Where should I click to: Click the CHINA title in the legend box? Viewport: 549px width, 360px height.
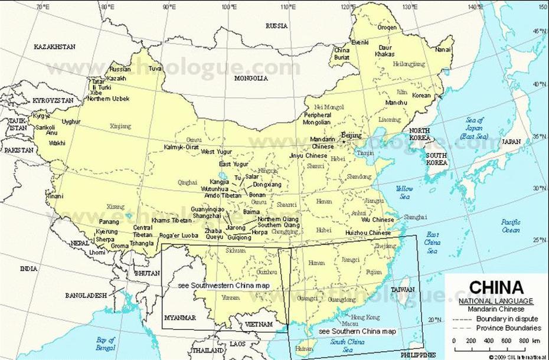496,287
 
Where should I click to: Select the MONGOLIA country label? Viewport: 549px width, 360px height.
251,78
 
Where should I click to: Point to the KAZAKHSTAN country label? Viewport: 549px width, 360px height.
55,46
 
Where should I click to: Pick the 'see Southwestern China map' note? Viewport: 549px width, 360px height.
224,285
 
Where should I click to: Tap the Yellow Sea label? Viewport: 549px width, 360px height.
404,192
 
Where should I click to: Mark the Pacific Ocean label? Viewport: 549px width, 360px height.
511,226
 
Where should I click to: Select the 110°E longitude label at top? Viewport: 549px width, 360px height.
287,7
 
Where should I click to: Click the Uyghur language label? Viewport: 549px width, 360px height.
71,122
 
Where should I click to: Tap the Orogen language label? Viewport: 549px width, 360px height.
387,27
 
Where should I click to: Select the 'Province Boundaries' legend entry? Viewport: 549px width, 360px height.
508,328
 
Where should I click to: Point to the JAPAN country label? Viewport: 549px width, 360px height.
511,142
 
